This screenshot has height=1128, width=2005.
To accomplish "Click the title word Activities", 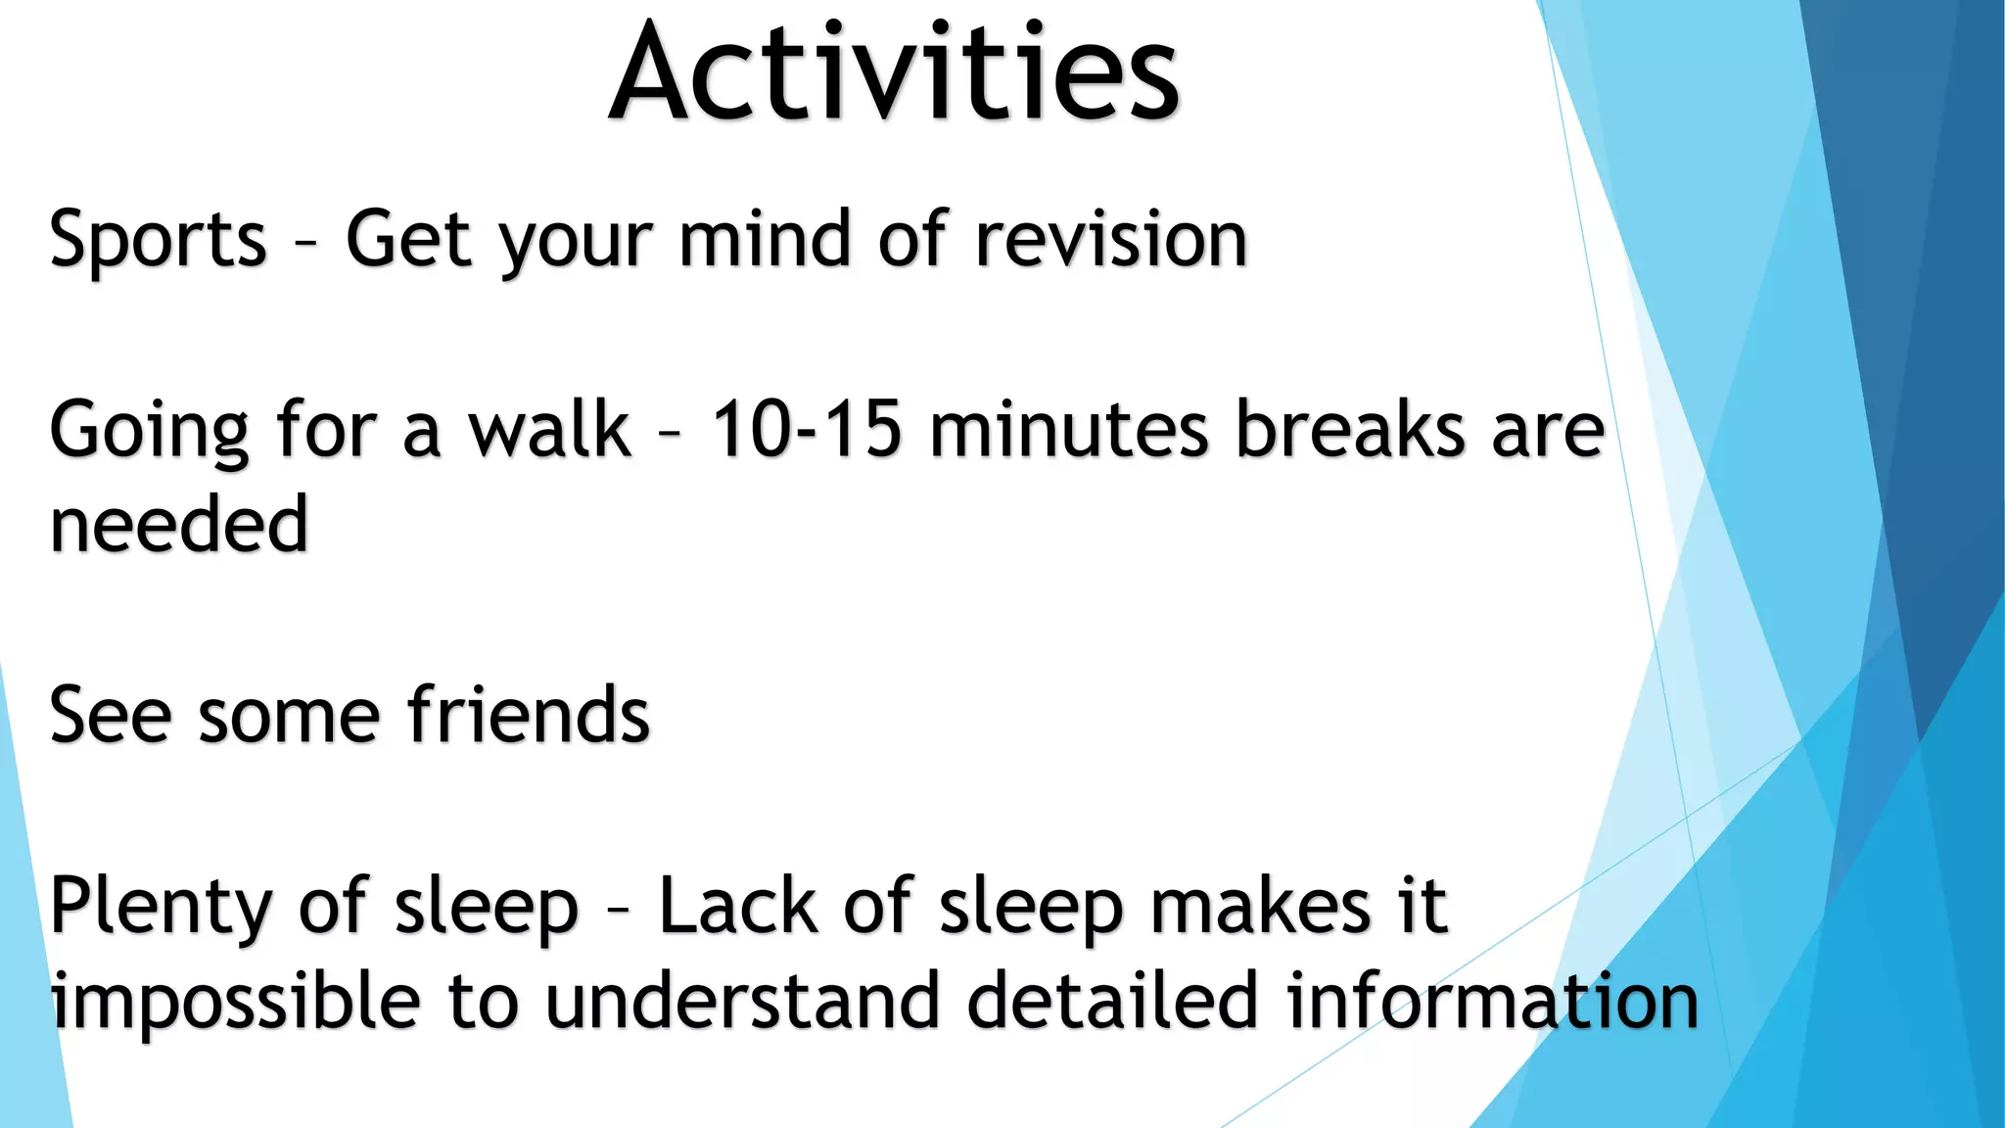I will coord(894,73).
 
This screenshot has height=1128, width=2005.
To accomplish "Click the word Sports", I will coord(158,241).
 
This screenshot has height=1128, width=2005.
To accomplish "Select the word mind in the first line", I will coord(765,239).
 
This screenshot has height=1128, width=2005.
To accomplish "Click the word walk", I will coord(549,430).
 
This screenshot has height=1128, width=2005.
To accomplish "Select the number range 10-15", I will coord(805,430).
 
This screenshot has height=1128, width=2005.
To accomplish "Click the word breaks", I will coord(1350,430).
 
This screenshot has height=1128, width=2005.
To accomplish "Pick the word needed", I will coord(179,525).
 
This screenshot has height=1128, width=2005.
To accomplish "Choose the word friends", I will coord(529,716).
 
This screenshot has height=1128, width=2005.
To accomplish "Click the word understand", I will coord(741,1001).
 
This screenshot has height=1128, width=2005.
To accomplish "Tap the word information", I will coord(1492,1001).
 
